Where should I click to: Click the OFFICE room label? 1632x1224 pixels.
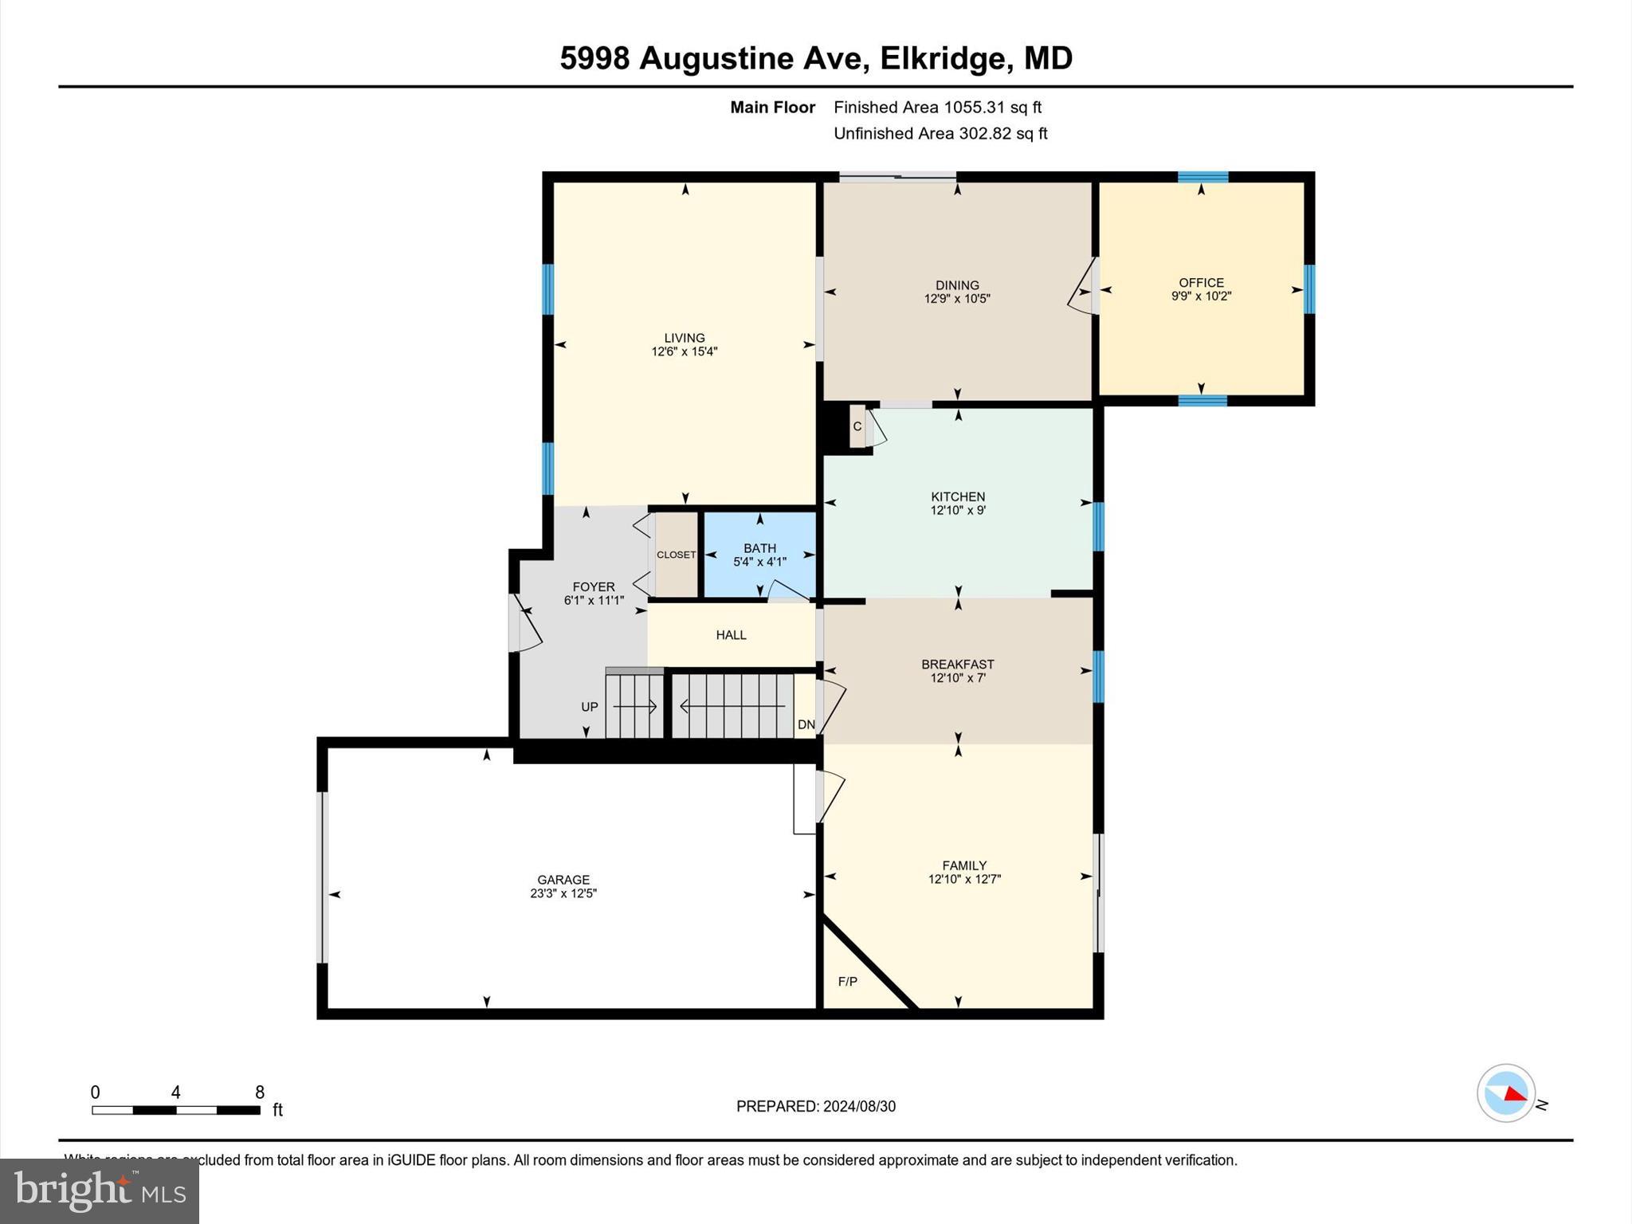pyautogui.click(x=1201, y=282)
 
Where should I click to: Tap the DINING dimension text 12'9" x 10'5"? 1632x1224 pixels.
pyautogui.click(x=957, y=299)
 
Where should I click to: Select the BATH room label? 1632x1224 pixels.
pyautogui.click(x=759, y=548)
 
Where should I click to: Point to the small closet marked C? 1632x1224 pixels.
pyautogui.click(x=857, y=426)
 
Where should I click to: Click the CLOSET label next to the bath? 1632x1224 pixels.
pyautogui.click(x=676, y=555)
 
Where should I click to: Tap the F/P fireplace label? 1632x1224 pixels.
pyautogui.click(x=848, y=982)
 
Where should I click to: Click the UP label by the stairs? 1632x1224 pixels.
pyautogui.click(x=590, y=707)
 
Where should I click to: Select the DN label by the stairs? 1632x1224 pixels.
pyautogui.click(x=806, y=724)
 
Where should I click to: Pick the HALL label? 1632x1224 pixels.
pyautogui.click(x=731, y=635)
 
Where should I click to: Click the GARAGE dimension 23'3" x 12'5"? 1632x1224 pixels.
pyautogui.click(x=563, y=893)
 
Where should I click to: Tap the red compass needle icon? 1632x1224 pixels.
pyautogui.click(x=1515, y=1096)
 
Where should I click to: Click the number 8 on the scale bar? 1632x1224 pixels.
pyautogui.click(x=259, y=1093)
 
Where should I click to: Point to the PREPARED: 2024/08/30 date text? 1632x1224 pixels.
pyautogui.click(x=816, y=1106)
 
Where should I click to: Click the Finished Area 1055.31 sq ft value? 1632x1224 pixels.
pyautogui.click(x=937, y=107)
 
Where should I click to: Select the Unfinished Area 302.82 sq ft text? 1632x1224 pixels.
pyautogui.click(x=940, y=133)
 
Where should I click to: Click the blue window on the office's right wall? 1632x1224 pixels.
pyautogui.click(x=1308, y=289)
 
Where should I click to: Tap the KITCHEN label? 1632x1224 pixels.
pyautogui.click(x=958, y=496)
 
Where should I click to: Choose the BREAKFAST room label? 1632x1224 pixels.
pyautogui.click(x=958, y=664)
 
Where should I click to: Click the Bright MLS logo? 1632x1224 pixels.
pyautogui.click(x=100, y=1191)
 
